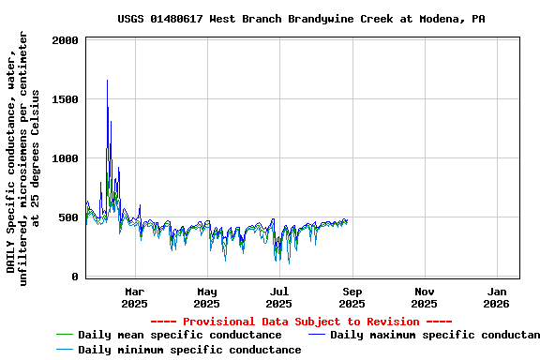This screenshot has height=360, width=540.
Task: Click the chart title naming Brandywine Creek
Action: click(x=301, y=19)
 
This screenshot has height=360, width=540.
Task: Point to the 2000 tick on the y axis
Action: click(x=66, y=40)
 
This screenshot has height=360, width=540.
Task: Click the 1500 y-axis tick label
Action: click(x=66, y=99)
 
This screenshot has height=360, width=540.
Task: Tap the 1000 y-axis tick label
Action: click(x=66, y=158)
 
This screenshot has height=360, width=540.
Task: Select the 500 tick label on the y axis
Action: click(x=68, y=217)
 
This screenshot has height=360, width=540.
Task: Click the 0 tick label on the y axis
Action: click(x=75, y=277)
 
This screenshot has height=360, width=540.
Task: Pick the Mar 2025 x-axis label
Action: click(x=134, y=297)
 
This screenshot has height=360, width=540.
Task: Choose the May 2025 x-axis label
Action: click(x=206, y=297)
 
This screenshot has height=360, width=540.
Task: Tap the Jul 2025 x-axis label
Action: click(x=279, y=297)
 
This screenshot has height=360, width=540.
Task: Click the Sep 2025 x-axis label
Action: click(x=352, y=297)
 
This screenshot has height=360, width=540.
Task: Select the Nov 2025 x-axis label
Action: click(x=425, y=297)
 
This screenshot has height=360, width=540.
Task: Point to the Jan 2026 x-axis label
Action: click(x=497, y=297)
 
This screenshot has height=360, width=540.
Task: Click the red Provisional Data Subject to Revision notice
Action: click(x=301, y=322)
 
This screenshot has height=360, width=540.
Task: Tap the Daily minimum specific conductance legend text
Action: click(x=189, y=350)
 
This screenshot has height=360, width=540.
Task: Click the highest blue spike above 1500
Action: click(x=107, y=82)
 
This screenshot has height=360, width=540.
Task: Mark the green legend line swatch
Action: click(x=65, y=335)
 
